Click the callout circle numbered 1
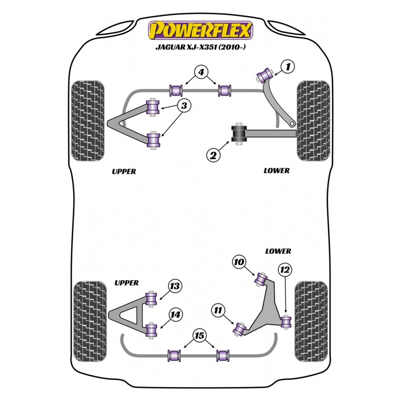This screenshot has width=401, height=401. coord(288,67)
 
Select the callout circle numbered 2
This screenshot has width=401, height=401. coord(213,155)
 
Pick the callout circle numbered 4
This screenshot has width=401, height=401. coord(201,72)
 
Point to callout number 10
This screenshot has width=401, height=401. coord(239,262)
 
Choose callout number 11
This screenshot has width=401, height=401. coord(218,310)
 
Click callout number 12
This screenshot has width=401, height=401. coord(285,269)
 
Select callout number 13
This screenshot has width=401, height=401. coord(175,286)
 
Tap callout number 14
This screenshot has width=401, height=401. coord(176,315)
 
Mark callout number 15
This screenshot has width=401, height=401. coord(200,335)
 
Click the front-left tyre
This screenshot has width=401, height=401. coord(88,120)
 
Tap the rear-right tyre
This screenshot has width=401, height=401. coord(311,321)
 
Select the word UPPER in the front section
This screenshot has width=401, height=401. coord(123,172)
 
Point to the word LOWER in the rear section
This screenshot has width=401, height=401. coord(278,251)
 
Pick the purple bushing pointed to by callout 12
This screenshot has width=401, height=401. coord(286,320)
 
